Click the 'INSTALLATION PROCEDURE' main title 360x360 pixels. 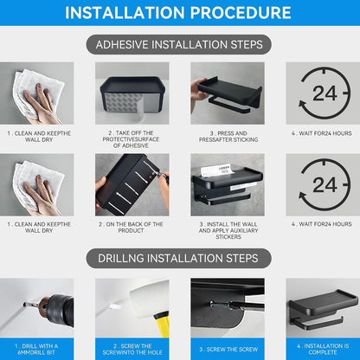178,13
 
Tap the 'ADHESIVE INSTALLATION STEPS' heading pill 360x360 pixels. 179,45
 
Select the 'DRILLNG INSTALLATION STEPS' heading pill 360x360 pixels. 179,258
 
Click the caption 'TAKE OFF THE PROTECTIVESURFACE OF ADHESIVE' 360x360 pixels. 131,139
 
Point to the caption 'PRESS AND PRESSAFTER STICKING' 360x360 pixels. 228,137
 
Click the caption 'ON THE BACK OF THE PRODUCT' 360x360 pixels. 131,228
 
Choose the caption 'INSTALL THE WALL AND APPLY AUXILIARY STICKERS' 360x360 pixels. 228,230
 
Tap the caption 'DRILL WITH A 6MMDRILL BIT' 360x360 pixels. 36,349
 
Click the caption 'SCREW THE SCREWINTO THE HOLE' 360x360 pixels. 132,349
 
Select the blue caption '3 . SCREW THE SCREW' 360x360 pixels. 228,350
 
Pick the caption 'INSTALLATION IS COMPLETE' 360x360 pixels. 323,349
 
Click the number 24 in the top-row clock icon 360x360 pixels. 325,93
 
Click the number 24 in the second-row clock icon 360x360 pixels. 325,185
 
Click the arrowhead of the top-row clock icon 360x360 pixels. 302,105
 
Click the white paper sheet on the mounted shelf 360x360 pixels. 218,170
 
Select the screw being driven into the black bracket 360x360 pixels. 221,305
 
